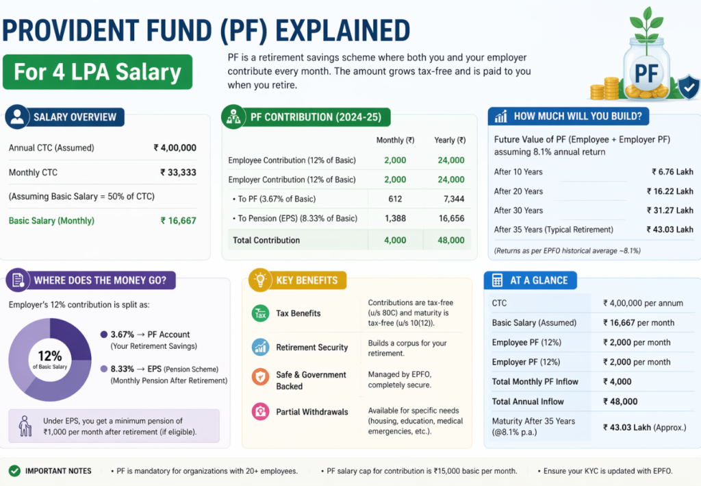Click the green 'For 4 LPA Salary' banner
97,72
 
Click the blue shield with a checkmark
687,87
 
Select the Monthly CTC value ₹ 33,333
178,173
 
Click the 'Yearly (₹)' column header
450,140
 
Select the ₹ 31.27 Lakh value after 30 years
670,210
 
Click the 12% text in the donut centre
49,356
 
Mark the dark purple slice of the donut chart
68,339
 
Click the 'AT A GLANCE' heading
539,280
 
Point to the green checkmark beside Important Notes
14,471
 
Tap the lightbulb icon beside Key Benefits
260,280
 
